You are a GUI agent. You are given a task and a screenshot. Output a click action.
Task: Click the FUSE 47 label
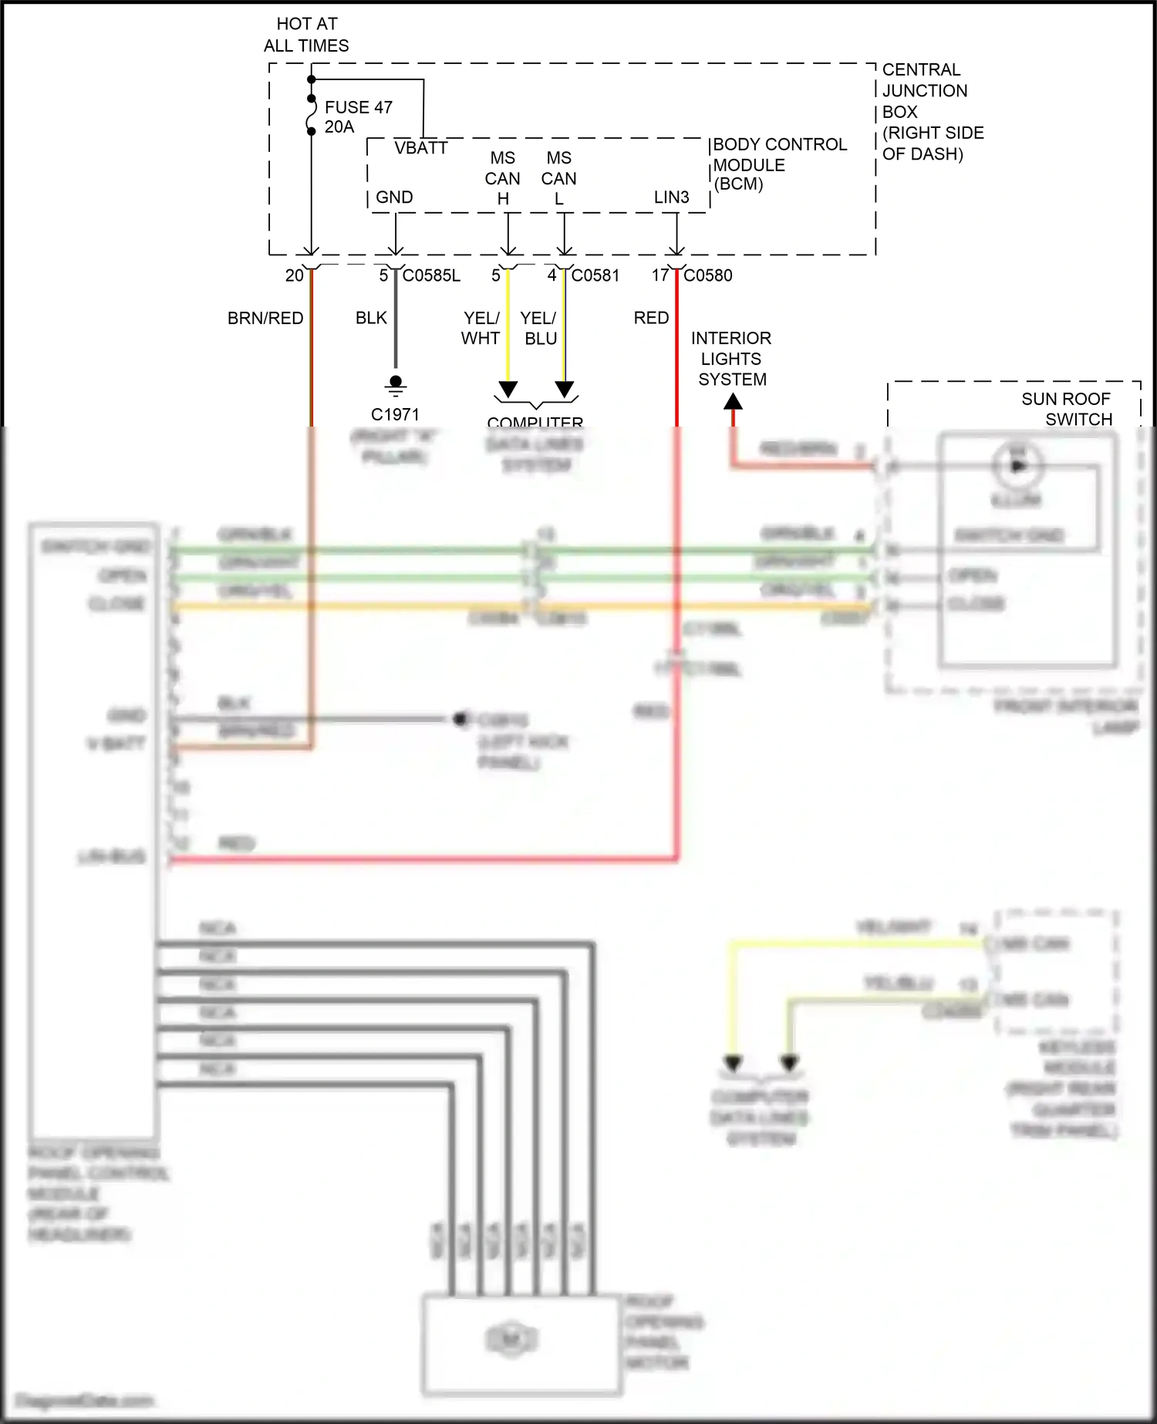click(x=358, y=107)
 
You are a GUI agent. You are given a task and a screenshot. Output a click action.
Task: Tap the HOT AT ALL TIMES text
click(x=306, y=35)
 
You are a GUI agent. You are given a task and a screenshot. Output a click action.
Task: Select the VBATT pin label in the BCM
click(x=420, y=148)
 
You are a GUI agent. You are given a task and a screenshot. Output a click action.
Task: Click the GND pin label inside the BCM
click(x=394, y=197)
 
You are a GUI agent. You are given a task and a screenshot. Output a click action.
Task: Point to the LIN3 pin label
click(x=671, y=197)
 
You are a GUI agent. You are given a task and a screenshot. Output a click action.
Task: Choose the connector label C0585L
click(x=431, y=275)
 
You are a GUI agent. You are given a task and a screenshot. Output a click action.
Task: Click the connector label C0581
click(x=595, y=275)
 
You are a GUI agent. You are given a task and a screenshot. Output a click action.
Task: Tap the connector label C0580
click(x=707, y=275)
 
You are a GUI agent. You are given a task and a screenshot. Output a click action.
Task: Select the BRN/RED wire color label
click(x=265, y=318)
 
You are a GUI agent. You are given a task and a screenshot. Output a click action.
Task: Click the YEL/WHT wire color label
click(x=481, y=328)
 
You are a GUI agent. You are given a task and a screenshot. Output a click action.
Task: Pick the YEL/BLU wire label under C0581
click(x=539, y=328)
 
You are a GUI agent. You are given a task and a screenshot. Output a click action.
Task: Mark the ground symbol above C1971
click(x=396, y=385)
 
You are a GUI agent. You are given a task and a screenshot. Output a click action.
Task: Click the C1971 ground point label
click(x=395, y=414)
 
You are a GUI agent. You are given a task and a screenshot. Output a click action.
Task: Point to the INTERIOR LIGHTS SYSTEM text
click(x=731, y=359)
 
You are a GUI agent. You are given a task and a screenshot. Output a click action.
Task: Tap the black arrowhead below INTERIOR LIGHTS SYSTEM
click(x=734, y=402)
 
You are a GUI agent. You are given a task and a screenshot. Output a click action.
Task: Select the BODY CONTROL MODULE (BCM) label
click(x=779, y=164)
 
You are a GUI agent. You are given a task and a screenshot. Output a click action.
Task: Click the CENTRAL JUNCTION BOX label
click(x=933, y=111)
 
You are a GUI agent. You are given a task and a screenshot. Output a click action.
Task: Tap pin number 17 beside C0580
click(x=659, y=275)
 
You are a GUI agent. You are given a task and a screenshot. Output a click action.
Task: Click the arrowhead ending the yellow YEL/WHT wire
click(x=508, y=389)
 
